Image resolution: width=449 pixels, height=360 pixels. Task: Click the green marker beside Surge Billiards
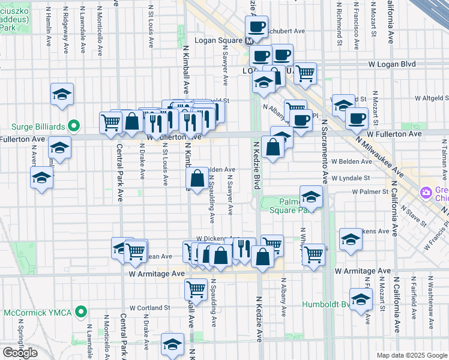click(x=74, y=127)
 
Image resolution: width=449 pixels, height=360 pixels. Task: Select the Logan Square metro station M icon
click(x=249, y=40)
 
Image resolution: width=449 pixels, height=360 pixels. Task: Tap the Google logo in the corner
click(x=20, y=353)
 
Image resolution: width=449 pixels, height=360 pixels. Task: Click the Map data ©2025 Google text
click(x=411, y=355)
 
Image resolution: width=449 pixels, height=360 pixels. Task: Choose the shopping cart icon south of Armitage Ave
click(x=196, y=289)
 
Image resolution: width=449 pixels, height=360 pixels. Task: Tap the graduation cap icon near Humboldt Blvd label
click(x=360, y=299)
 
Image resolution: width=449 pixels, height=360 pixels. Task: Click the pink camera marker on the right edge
click(x=426, y=193)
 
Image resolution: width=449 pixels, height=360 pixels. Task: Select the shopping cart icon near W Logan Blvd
click(x=306, y=73)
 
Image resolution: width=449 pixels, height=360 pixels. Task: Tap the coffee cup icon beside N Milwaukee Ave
click(x=357, y=117)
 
